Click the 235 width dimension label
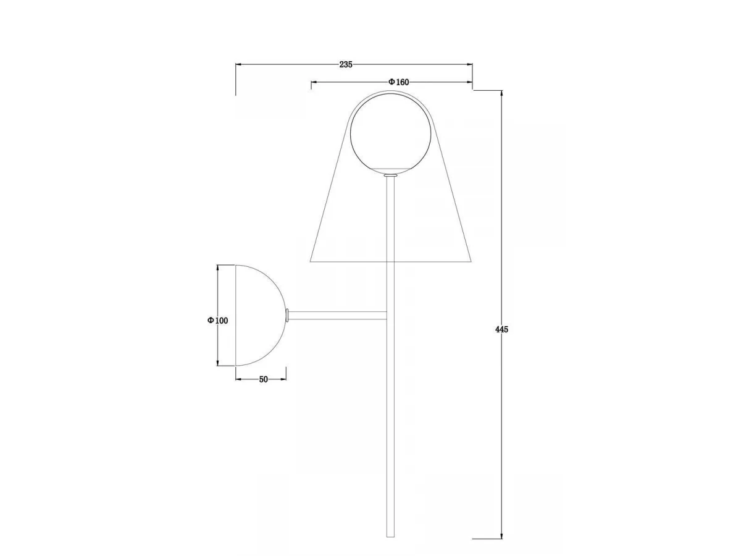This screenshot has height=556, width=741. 346,64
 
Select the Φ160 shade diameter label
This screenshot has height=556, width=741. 398,82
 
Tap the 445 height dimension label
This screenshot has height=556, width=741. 501,329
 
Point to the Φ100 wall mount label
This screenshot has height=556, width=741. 218,321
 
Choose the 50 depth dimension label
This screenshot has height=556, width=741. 263,379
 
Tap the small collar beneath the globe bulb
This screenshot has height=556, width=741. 391,175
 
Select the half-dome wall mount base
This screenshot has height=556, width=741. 261,315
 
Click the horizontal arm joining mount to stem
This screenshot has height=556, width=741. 338,316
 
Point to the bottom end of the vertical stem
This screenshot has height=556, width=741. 391,536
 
